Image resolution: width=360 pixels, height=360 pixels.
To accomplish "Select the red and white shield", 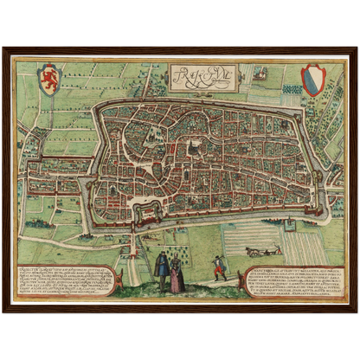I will (311, 80).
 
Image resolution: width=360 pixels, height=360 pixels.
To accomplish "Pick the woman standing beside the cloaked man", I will (177, 273).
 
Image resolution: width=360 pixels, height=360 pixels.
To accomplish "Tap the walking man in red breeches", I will (220, 271).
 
